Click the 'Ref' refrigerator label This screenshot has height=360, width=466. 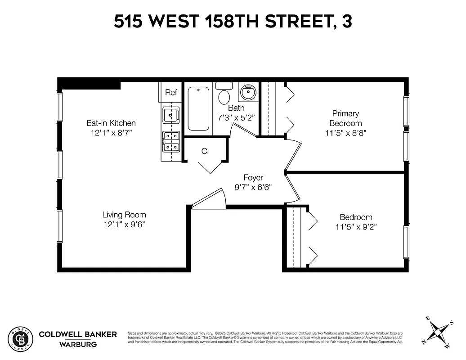[171, 93]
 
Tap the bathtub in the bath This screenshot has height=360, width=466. [198, 108]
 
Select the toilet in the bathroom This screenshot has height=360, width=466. [224, 95]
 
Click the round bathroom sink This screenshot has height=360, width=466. [247, 93]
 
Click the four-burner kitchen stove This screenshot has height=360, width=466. [171, 141]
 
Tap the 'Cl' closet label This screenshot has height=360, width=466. [205, 151]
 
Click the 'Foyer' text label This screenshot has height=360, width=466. [253, 178]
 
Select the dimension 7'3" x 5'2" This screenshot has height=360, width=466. [236, 118]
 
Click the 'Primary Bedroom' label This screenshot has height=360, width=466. [345, 118]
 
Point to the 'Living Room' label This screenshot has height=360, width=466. [124, 215]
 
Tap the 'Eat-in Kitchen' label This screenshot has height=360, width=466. [111, 123]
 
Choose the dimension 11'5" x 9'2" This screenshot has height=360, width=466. [356, 227]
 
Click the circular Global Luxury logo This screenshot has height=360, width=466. [21, 338]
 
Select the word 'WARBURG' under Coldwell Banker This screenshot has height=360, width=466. [78, 345]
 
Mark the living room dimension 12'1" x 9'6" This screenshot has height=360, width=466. [124, 225]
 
